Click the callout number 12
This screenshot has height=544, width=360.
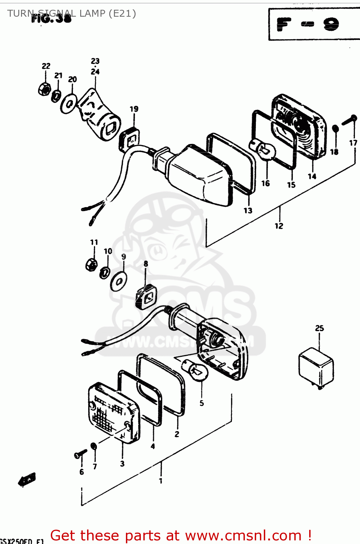[x=279, y=226]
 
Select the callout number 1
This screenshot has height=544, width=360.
[x=160, y=481]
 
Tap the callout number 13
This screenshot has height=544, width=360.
[x=248, y=210]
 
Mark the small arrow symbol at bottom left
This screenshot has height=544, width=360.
[x=27, y=480]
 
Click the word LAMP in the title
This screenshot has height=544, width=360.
[x=92, y=13]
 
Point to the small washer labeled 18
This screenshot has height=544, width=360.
[x=335, y=129]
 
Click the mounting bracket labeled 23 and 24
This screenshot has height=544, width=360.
[x=98, y=114]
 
